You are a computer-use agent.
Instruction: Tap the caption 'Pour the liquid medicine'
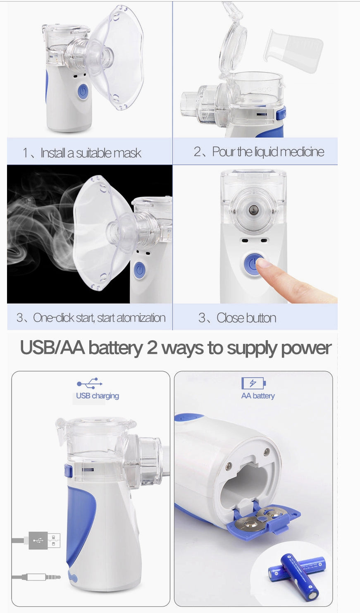click(259, 152)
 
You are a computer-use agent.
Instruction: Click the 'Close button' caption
click(238, 318)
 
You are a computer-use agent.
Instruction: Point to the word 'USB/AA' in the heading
click(52, 348)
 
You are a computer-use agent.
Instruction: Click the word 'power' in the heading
click(306, 348)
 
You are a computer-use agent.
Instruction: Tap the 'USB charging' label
click(98, 396)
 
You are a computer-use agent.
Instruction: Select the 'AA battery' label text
click(258, 396)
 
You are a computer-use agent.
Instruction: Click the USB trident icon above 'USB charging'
click(90, 383)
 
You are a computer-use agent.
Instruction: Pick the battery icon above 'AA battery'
click(253, 383)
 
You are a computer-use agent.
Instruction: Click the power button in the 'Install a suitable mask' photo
click(83, 91)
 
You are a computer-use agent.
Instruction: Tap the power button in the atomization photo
click(140, 270)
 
